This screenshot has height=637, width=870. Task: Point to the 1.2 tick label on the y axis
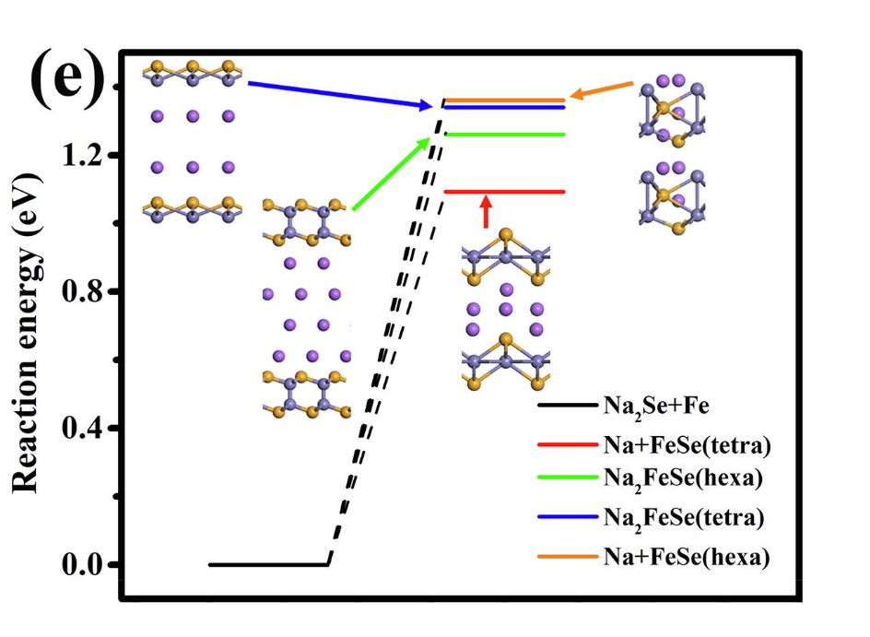[82, 155]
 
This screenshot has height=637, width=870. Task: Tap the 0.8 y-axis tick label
[82, 291]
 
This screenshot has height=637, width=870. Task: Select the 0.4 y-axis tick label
[82, 428]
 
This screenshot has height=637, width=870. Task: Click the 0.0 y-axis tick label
[82, 564]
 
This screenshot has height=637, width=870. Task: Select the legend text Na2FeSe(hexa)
[683, 478]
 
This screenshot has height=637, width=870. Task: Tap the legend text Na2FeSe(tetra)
[684, 518]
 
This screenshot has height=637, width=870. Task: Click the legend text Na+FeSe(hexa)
[687, 557]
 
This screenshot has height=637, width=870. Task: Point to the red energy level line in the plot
[505, 192]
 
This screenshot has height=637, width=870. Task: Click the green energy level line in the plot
[505, 135]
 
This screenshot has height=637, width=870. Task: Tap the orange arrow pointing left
[601, 89]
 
